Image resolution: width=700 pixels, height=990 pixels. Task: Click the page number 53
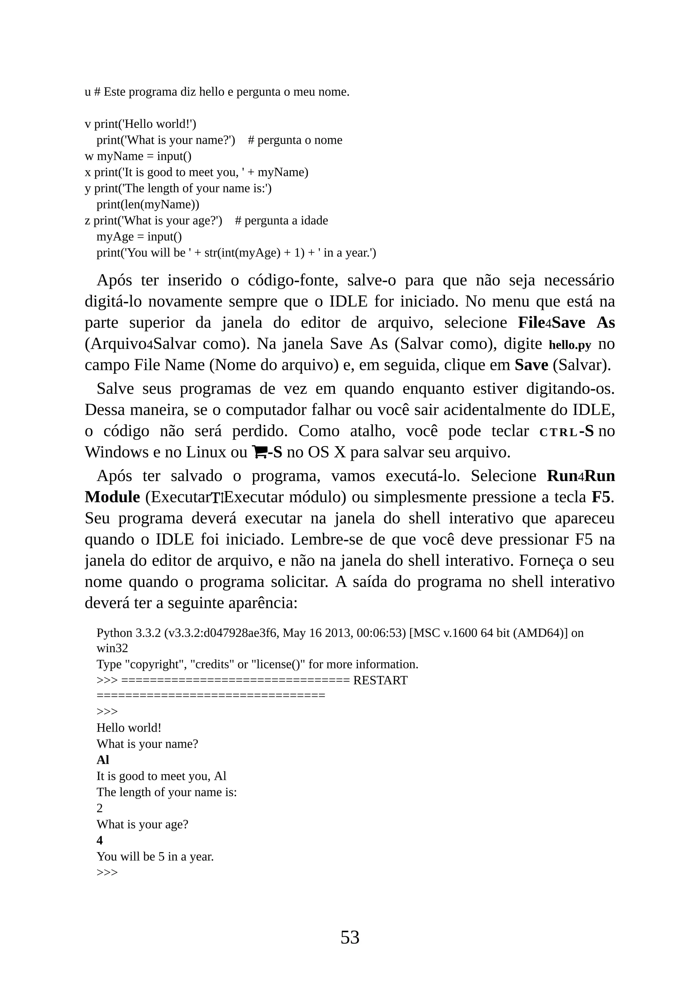350,937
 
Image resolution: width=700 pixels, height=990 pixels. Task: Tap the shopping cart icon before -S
259,452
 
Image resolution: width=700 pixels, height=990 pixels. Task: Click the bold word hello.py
570,345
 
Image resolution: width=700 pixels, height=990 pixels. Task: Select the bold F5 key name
601,497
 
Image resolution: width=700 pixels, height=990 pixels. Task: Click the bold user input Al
103,760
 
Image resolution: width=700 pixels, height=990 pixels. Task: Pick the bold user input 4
99,840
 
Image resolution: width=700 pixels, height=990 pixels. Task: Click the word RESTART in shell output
380,680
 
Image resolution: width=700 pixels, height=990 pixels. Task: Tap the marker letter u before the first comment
87,92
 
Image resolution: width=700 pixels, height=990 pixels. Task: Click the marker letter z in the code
87,221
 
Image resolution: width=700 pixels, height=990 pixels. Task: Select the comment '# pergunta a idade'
281,221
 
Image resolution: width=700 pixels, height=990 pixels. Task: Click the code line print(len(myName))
147,204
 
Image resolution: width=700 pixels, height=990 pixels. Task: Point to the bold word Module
112,497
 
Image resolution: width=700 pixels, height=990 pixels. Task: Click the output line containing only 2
99,808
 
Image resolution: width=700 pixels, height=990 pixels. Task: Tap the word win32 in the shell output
112,648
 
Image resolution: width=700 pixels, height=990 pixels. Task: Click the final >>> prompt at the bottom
107,872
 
